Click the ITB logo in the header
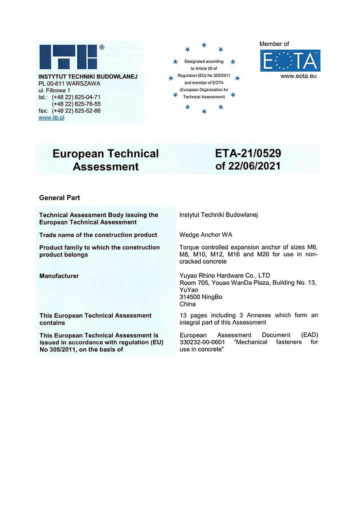tap(68, 56)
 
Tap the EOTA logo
tap(290, 60)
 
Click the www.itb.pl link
tap(51, 118)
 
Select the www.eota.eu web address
tap(298, 76)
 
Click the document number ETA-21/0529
tap(248, 153)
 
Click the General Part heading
tap(59, 198)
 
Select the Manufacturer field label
tap(59, 276)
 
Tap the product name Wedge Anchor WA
tap(206, 235)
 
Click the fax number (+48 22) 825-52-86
tap(76, 111)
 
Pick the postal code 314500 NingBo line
tap(201, 297)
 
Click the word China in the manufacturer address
tap(188, 304)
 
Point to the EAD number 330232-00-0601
tap(202, 342)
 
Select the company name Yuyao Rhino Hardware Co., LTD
tap(225, 276)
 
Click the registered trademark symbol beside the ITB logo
tap(102, 47)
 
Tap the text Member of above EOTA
tap(274, 44)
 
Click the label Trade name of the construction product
tap(98, 235)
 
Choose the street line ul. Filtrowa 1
tap(54, 90)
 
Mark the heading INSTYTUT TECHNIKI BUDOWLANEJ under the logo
tap(88, 77)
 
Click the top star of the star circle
tap(204, 45)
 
